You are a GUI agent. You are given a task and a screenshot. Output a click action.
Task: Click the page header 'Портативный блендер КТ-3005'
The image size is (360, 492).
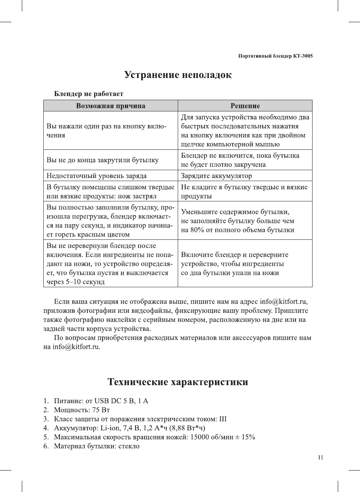(x=275, y=56)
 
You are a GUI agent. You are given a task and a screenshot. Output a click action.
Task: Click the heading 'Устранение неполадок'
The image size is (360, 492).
(x=178, y=75)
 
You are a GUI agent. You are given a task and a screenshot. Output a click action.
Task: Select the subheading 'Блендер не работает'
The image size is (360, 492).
(x=88, y=94)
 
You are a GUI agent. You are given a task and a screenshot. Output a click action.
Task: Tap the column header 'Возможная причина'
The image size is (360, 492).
(x=110, y=106)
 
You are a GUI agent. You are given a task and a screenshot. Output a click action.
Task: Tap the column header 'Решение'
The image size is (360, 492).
(x=245, y=106)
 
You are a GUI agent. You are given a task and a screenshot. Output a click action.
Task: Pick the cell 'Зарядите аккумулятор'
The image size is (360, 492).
(x=217, y=176)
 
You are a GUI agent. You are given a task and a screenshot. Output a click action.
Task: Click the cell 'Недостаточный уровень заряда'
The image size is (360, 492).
(x=96, y=176)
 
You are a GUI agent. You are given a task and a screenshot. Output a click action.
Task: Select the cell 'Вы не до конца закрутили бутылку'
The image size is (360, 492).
(x=102, y=160)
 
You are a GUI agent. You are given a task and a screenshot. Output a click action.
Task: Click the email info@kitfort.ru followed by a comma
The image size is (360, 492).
(x=283, y=302)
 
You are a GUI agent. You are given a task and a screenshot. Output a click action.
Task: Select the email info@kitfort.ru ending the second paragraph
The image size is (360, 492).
(x=76, y=347)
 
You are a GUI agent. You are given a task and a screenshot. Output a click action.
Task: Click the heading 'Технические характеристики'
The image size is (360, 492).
(x=178, y=382)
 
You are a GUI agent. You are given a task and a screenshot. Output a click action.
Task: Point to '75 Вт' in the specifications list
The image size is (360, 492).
(x=101, y=410)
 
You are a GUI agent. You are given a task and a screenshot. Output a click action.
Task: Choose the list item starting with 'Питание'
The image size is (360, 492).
(x=101, y=401)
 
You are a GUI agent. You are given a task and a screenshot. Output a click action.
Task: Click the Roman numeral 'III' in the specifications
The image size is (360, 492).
(x=223, y=419)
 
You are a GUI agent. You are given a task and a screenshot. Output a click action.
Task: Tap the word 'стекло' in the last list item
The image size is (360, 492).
(x=129, y=446)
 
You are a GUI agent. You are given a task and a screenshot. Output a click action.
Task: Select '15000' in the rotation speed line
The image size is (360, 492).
(x=200, y=437)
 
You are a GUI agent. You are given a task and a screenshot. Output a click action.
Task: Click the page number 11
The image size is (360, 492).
(x=320, y=458)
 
